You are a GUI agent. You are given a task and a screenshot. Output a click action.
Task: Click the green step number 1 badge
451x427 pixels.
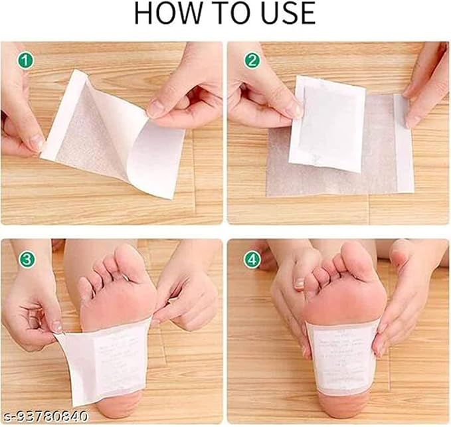point(26,60)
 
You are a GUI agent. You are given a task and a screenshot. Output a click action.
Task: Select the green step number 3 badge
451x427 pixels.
point(26,259)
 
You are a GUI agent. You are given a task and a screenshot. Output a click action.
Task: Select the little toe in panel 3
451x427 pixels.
point(84,290)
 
